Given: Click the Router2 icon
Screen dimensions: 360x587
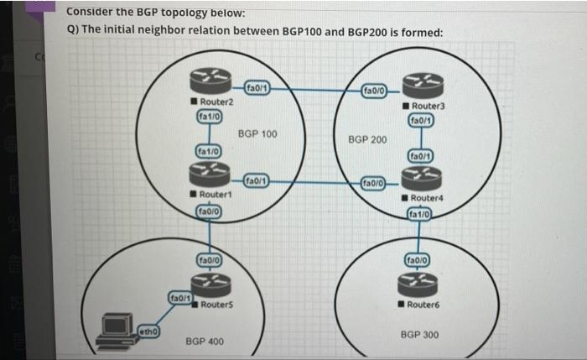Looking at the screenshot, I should coord(206,81).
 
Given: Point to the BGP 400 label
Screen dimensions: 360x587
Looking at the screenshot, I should coord(204,342).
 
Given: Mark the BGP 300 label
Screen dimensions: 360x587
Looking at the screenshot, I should coord(419,334).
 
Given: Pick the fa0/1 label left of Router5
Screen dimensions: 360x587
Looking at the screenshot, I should coord(180,297).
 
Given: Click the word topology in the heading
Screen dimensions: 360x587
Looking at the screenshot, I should coord(179,13).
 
